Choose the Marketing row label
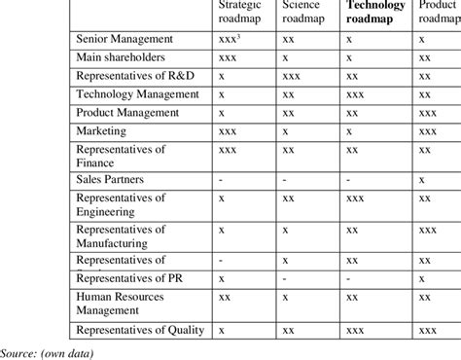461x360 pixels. click(102, 131)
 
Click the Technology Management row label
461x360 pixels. click(137, 95)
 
